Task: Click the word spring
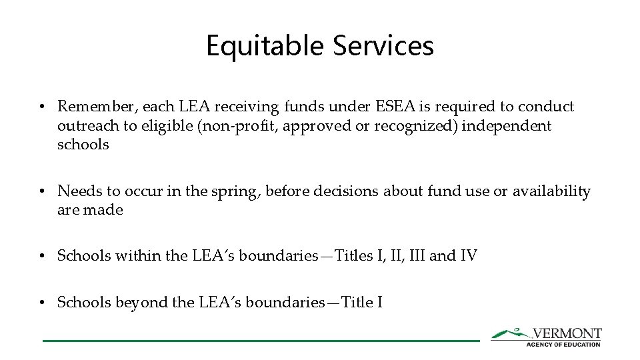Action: (237, 192)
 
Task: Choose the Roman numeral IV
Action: (469, 255)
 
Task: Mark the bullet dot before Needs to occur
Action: (42, 192)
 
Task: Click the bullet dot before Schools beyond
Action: (42, 303)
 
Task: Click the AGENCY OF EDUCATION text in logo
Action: (564, 344)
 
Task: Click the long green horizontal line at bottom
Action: (261, 341)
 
